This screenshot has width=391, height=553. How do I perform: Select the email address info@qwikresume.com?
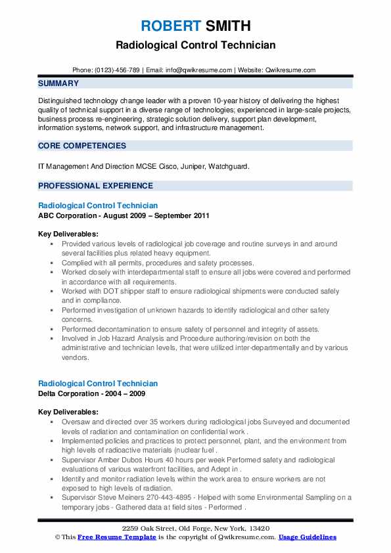(200, 70)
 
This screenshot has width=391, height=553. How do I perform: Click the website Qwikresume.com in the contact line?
(290, 70)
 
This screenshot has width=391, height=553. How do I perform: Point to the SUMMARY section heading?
(58, 83)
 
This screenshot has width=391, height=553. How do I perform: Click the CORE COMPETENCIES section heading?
(82, 145)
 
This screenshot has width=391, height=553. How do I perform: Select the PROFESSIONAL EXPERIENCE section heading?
(95, 185)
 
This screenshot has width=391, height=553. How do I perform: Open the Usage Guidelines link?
(307, 537)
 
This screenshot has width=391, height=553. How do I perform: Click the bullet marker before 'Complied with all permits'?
(52, 262)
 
